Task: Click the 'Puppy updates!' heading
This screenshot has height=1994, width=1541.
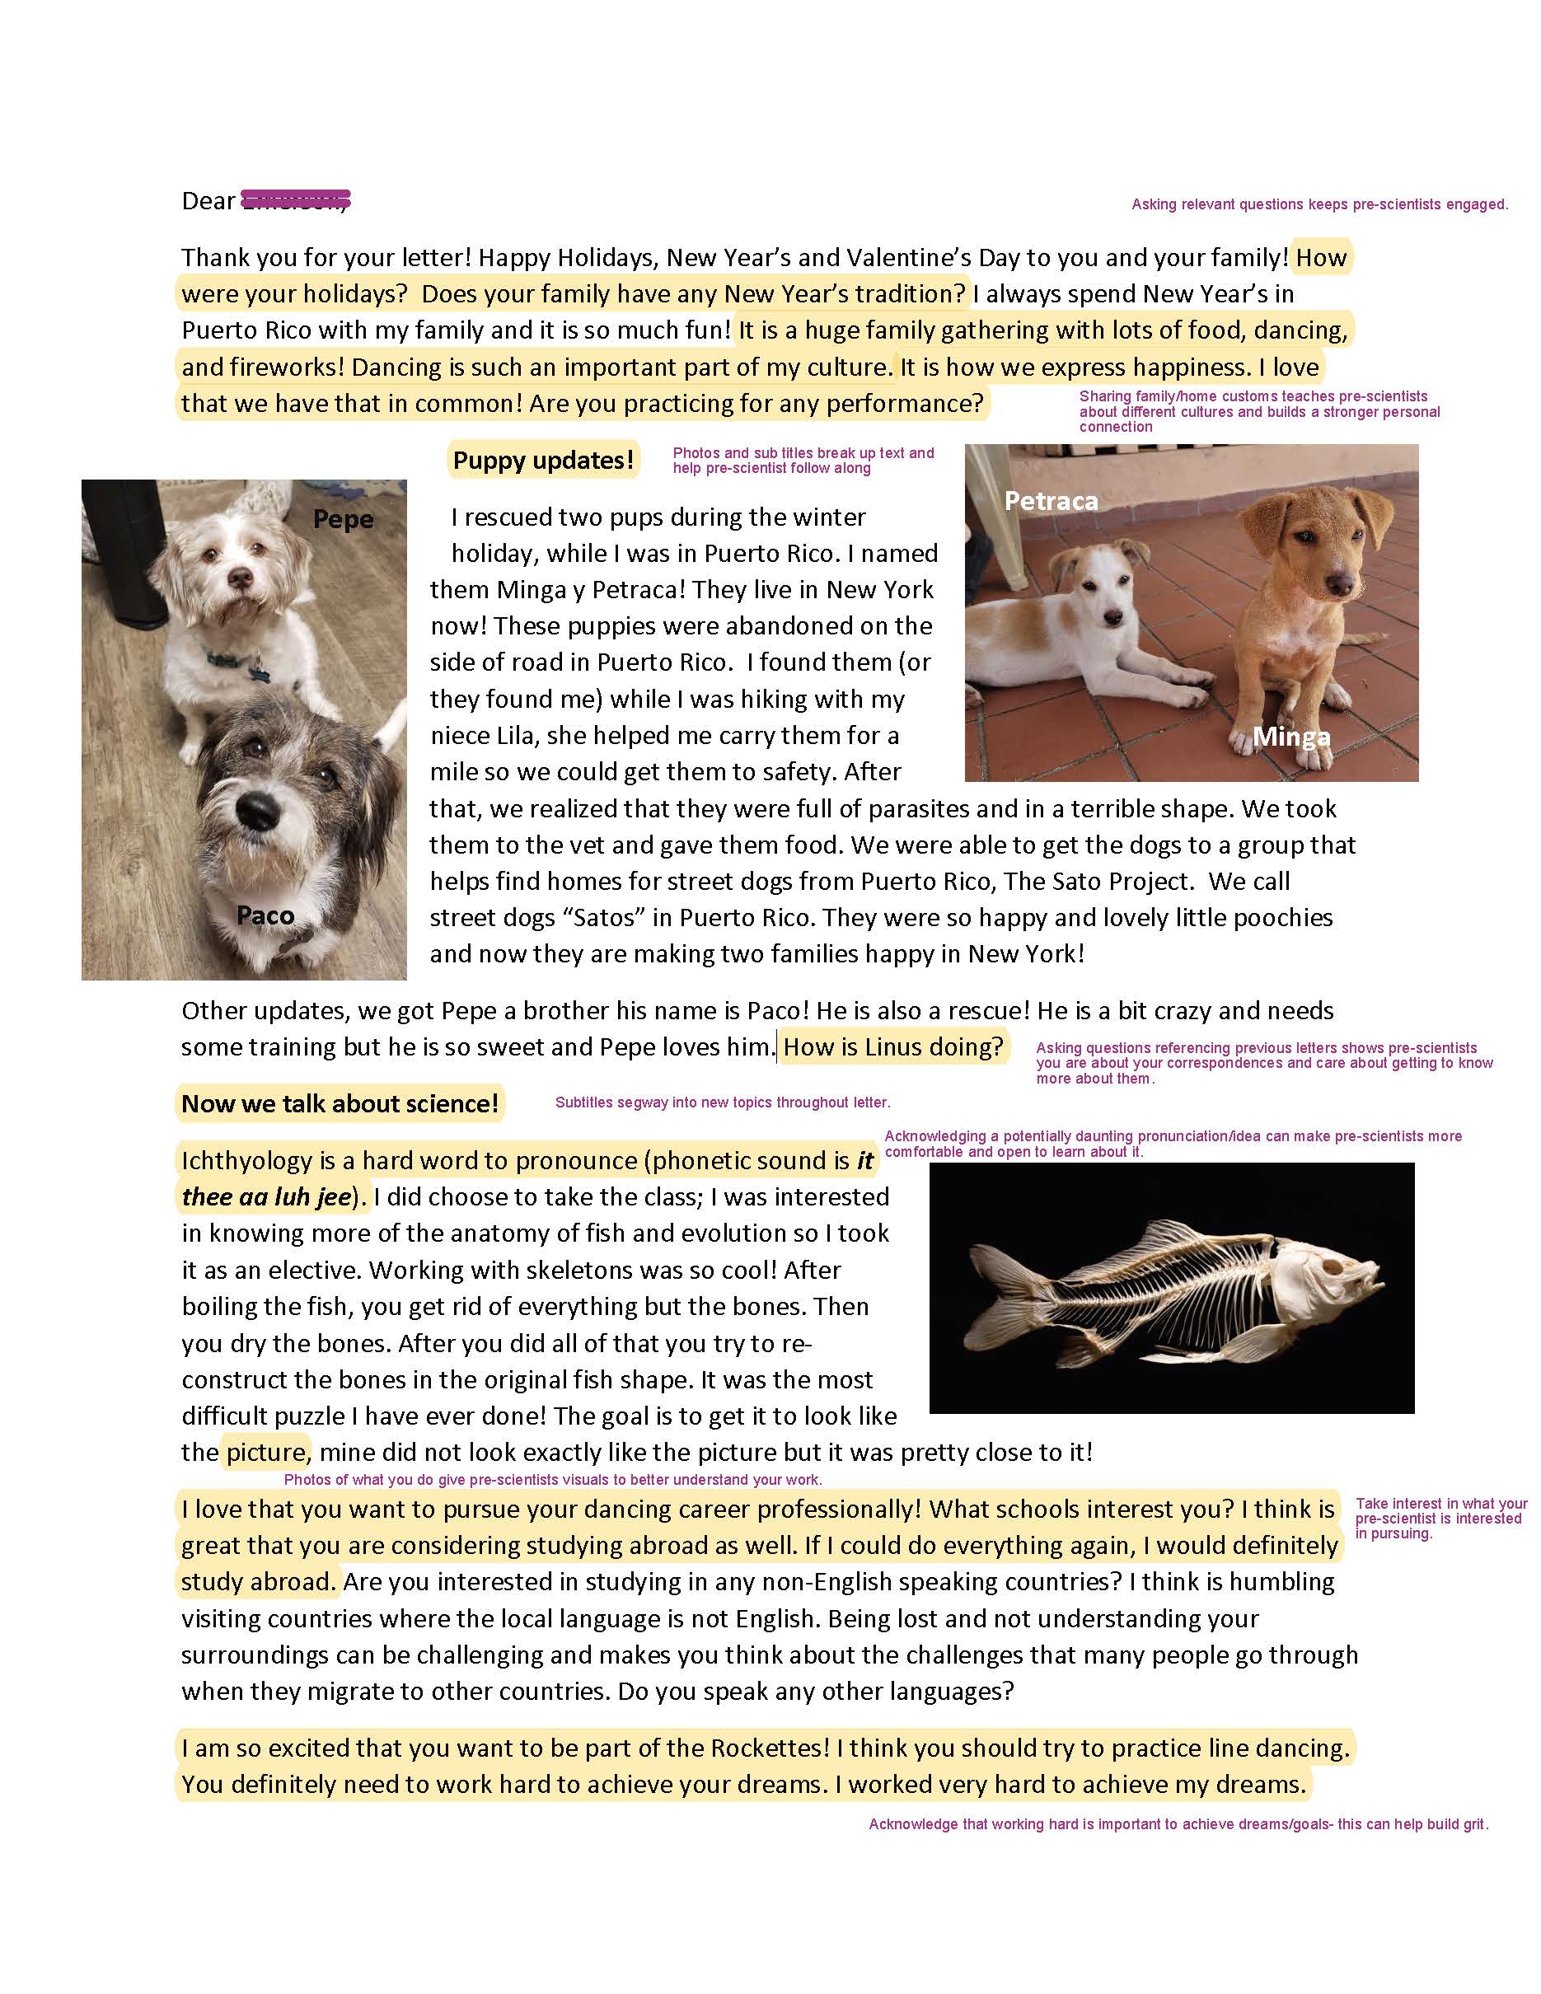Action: click(543, 460)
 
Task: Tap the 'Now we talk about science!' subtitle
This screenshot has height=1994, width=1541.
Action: click(340, 1104)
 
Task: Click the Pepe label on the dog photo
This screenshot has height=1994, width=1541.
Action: click(344, 519)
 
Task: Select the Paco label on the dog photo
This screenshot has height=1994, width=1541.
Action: click(265, 915)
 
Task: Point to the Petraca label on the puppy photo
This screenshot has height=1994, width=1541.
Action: click(1051, 500)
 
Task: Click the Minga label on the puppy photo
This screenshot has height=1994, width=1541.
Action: click(1290, 737)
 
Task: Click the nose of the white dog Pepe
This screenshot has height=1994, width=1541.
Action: click(241, 577)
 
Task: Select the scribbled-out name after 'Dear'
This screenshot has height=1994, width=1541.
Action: click(295, 200)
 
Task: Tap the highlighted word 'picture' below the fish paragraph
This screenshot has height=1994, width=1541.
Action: click(265, 1453)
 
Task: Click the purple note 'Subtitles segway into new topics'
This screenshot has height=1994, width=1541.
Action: click(722, 1103)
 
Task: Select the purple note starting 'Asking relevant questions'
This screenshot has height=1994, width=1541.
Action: click(1319, 204)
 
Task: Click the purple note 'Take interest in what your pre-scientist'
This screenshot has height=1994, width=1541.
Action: click(1440, 1518)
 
